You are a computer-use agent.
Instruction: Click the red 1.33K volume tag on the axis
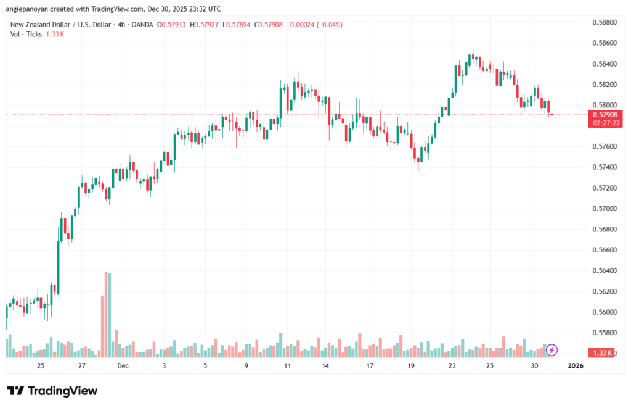point(601,352)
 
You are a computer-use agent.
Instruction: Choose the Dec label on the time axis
point(123,366)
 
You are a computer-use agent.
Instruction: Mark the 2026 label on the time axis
point(575,366)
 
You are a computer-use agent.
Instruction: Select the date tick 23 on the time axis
point(452,366)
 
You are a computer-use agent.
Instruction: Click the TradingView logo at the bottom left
point(52,391)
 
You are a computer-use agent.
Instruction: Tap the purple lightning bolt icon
point(552,350)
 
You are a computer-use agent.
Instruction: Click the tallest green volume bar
point(110,314)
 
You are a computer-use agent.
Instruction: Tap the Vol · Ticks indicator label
point(26,34)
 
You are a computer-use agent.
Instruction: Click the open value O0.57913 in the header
point(172,25)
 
